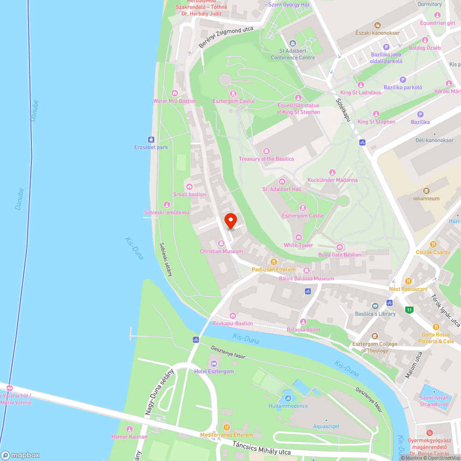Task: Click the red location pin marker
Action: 230,220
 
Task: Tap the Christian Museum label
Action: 221,251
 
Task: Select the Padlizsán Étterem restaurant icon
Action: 273,261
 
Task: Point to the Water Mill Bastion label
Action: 175,101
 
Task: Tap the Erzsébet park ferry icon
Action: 151,139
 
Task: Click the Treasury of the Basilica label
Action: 266,159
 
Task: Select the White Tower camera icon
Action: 298,237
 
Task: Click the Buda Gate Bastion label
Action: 340,254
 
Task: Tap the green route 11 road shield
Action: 409,310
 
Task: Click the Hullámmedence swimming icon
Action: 288,398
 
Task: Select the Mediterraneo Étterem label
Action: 226,435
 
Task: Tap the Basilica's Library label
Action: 375,314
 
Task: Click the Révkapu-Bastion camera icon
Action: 233,316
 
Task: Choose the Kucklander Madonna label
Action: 332,180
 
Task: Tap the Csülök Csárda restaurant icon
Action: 433,244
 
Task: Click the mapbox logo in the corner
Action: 20,455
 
